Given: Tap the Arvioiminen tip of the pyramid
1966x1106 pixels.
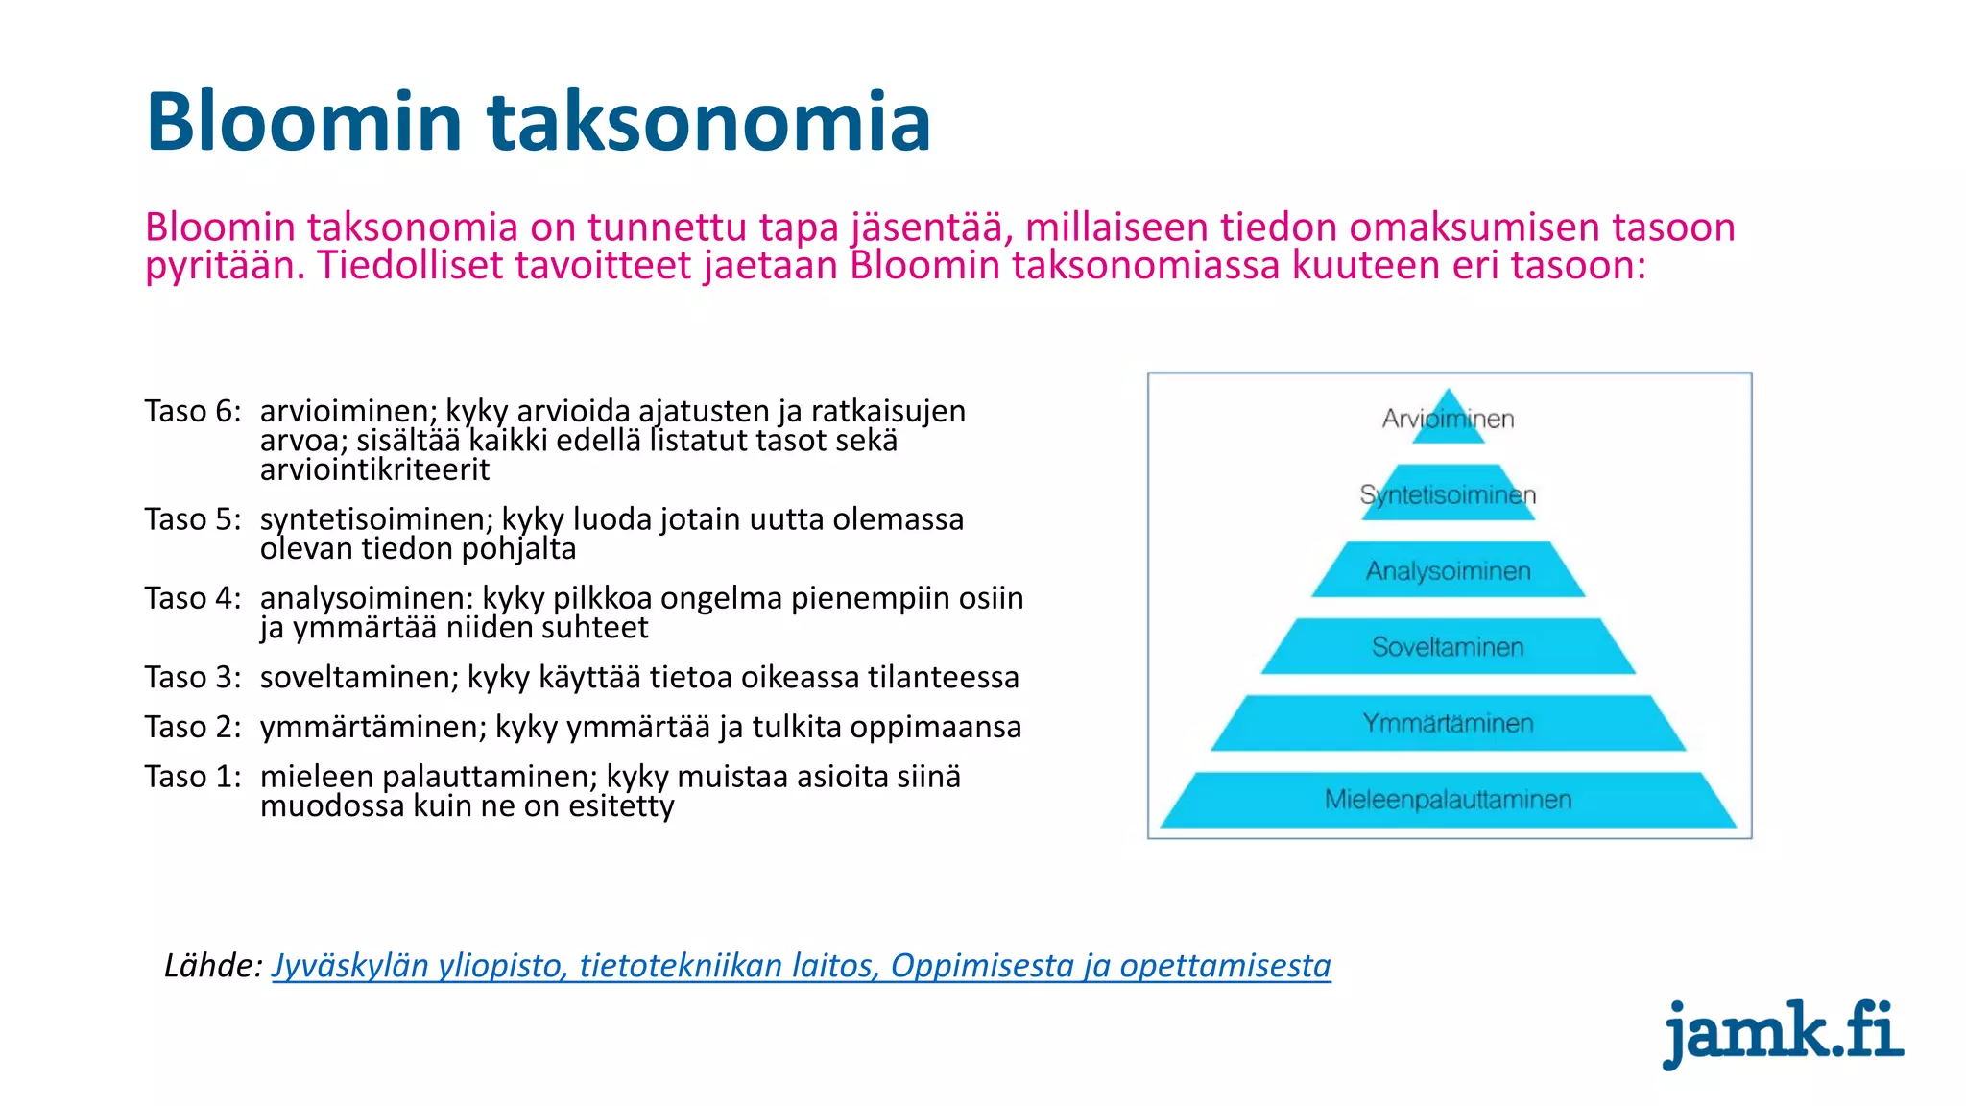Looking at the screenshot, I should tap(1448, 420).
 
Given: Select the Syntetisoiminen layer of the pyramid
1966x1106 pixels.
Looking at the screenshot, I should tap(1448, 494).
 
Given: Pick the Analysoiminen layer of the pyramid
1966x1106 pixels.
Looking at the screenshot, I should tap(1448, 570).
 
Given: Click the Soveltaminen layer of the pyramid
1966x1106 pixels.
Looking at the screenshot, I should tap(1448, 646).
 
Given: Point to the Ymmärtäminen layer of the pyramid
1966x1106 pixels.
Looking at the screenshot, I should tap(1448, 723).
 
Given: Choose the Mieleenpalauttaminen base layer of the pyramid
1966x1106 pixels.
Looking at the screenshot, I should tap(1448, 799).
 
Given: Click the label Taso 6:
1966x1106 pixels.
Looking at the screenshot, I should tap(193, 411).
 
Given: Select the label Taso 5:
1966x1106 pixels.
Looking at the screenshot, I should tap(193, 519).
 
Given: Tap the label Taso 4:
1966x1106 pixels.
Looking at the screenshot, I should tap(193, 598).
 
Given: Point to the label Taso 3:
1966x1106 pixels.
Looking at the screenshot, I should tap(193, 678).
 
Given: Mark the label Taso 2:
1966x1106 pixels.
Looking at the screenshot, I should tap(193, 727).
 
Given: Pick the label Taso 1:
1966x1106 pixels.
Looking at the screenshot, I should tap(193, 777).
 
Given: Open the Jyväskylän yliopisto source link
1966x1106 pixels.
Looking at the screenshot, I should tap(801, 965).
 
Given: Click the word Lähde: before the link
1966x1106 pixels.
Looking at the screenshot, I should tap(213, 965).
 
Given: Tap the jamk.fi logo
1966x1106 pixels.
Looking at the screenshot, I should tap(1783, 1032).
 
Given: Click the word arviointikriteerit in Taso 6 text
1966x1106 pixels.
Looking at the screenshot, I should tap(374, 469).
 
